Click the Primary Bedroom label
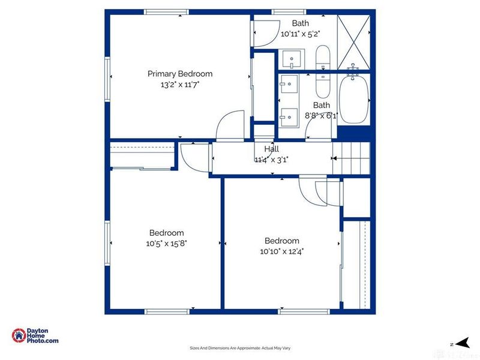coord(180,74)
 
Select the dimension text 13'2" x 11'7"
coord(180,85)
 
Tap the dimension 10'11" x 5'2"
coord(301,34)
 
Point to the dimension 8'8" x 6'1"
coord(322,116)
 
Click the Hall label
coord(272,149)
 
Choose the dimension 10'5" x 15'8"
coord(167,244)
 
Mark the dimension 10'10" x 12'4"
coord(282,251)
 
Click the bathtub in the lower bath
coord(353,98)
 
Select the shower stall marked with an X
coord(353,42)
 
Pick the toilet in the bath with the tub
coord(323,85)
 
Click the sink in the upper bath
coord(292,59)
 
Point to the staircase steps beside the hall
coord(352,158)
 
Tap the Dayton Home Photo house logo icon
coord(19,335)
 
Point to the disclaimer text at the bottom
coord(240,348)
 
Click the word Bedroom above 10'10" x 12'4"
coord(282,241)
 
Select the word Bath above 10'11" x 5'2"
coord(301,23)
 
